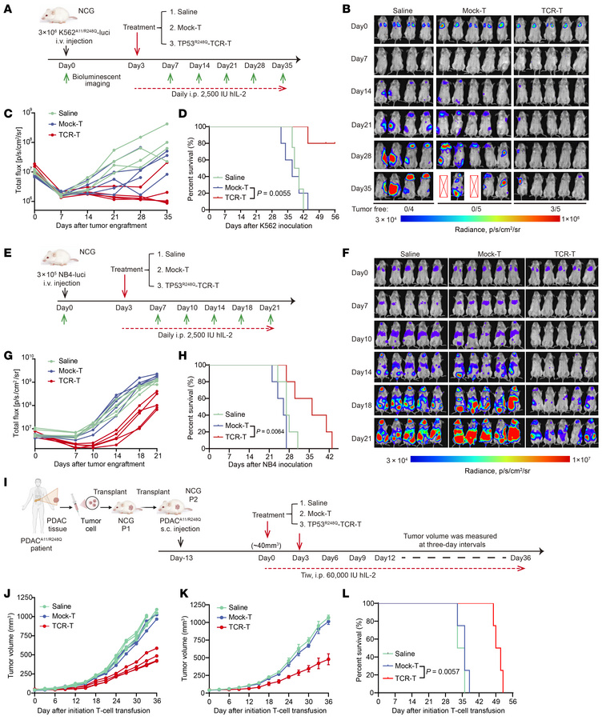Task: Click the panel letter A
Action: click(x=6, y=8)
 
